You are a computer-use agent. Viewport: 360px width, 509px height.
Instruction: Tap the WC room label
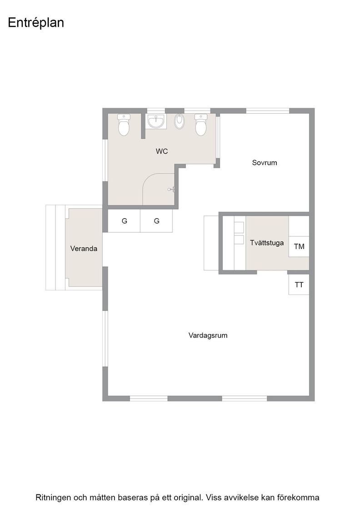click(162, 151)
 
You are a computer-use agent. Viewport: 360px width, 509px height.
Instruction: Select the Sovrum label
click(265, 163)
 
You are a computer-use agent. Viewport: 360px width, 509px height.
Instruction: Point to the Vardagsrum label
click(208, 335)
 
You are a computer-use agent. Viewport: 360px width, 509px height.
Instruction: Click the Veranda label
click(84, 249)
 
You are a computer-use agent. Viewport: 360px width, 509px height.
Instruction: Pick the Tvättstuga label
click(267, 243)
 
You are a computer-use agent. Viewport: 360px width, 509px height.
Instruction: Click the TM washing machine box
click(299, 247)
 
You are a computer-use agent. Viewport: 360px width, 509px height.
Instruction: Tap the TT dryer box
click(299, 284)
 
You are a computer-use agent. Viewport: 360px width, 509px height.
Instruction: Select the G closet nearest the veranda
click(124, 221)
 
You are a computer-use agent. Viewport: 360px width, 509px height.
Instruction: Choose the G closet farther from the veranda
click(156, 221)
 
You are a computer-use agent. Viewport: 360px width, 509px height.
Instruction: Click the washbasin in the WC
click(157, 121)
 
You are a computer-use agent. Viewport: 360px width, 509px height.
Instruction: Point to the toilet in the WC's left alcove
click(124, 125)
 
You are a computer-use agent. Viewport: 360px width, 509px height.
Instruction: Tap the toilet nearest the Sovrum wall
click(200, 125)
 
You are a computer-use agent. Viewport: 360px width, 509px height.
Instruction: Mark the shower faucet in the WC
click(171, 189)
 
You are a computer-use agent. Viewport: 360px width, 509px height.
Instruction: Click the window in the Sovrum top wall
click(267, 111)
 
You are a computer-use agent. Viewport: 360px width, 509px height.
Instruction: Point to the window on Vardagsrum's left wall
click(105, 339)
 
